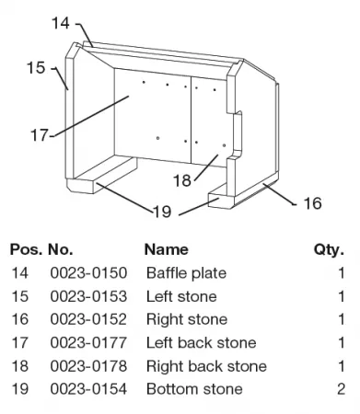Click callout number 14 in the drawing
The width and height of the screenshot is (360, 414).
click(x=61, y=23)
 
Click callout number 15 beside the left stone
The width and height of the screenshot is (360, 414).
click(x=36, y=67)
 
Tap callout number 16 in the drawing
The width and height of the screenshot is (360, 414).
click(x=312, y=203)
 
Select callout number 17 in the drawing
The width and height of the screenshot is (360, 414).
click(x=40, y=135)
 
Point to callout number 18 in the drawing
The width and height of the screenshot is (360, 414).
click(x=182, y=180)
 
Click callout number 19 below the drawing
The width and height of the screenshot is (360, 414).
click(x=162, y=212)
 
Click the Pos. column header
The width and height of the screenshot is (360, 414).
click(x=26, y=249)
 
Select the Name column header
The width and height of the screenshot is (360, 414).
click(x=167, y=249)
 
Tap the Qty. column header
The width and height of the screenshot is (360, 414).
click(x=329, y=250)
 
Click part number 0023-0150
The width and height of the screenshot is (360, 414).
click(x=88, y=273)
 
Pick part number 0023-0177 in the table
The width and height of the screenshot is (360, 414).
click(x=88, y=342)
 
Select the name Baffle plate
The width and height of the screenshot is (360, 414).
click(x=187, y=273)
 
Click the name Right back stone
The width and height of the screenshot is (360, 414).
click(x=206, y=366)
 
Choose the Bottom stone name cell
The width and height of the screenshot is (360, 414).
click(x=194, y=389)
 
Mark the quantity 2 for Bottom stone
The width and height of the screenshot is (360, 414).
click(x=341, y=389)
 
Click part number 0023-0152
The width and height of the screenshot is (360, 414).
click(x=88, y=319)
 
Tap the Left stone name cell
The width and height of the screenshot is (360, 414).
click(x=181, y=296)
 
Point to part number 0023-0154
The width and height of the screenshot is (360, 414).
click(x=88, y=389)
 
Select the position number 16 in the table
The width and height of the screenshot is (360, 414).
click(x=20, y=319)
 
